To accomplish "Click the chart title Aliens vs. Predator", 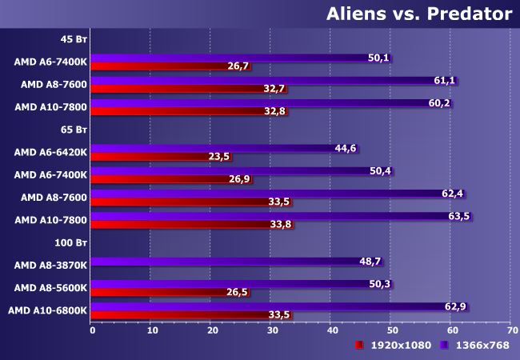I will [x=418, y=14].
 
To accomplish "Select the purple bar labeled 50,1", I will [x=240, y=58].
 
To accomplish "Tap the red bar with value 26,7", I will [x=160, y=66].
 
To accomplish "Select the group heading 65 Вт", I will [x=74, y=128].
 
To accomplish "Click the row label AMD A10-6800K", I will [x=47, y=310].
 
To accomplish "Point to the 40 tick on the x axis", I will [x=331, y=330].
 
